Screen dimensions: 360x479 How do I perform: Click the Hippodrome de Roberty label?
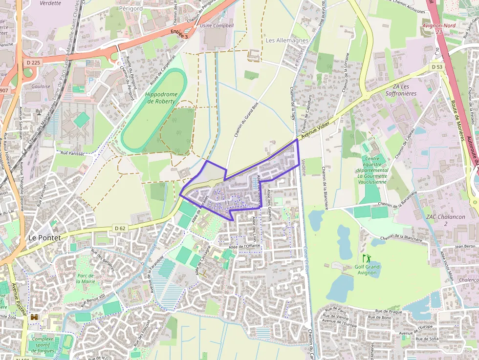(x=160, y=97)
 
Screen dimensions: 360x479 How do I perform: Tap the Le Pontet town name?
(x=44, y=237)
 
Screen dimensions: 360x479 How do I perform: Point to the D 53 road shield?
(x=436, y=66)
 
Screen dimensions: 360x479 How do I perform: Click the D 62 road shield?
(x=120, y=228)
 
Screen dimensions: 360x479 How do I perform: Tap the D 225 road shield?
(x=33, y=63)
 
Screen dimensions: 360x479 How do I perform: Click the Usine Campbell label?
(x=217, y=25)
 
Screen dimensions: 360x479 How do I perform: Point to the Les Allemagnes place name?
(x=287, y=40)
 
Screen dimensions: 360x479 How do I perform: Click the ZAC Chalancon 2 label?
(x=437, y=219)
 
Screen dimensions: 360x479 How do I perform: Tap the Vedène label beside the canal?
(x=304, y=168)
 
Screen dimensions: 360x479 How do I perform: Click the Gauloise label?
(x=41, y=86)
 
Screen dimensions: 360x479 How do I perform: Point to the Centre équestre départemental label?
(x=372, y=167)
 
